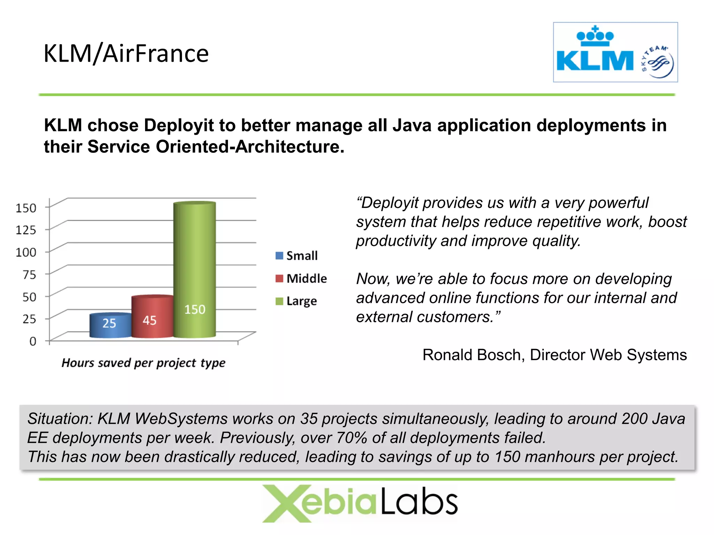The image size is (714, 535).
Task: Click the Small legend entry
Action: [x=296, y=256]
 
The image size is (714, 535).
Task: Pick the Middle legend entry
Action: [x=301, y=278]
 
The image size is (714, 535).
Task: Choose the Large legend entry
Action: [x=296, y=301]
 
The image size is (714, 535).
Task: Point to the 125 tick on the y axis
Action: [x=26, y=230]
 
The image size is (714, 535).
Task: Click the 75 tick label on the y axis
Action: [x=29, y=274]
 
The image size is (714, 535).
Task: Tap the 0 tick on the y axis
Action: [x=33, y=341]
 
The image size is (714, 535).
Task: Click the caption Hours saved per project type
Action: [x=143, y=363]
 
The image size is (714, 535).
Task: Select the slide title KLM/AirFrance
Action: [x=126, y=54]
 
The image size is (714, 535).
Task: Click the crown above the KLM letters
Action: [x=595, y=36]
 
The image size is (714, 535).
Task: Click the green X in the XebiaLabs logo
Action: [x=283, y=503]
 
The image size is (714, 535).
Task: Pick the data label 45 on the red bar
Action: [x=150, y=320]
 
